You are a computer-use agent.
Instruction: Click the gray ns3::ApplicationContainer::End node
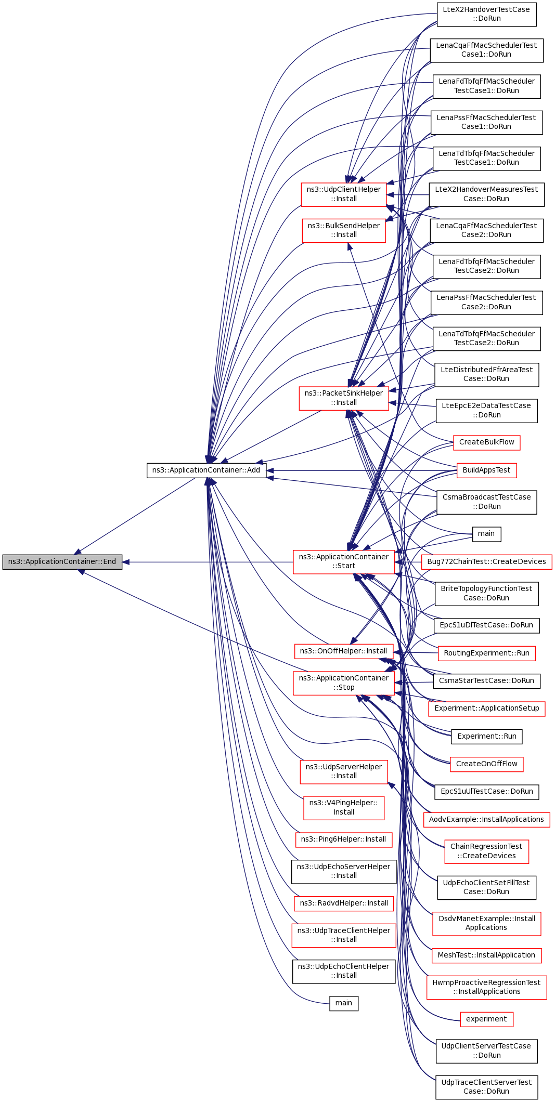[62, 562]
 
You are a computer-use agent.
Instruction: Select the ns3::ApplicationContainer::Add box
[206, 470]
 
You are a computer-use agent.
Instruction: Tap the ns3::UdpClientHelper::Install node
[343, 194]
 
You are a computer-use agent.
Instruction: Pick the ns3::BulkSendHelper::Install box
[343, 230]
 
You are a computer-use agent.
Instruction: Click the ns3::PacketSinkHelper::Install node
[343, 398]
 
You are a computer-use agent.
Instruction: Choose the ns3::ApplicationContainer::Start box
[343, 561]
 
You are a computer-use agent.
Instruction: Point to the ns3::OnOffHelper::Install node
[343, 651]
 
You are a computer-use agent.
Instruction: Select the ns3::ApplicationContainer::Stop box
[343, 683]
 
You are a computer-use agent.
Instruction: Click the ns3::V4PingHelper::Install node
[343, 808]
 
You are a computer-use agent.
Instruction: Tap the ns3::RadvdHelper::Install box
[343, 903]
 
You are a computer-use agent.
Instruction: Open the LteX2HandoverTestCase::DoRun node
[486, 14]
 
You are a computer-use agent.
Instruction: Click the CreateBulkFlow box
[486, 442]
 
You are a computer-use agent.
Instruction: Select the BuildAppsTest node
[486, 470]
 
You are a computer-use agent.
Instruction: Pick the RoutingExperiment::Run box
[486, 653]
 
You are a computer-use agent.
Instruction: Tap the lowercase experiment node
[486, 1019]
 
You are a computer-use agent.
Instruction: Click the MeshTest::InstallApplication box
[486, 955]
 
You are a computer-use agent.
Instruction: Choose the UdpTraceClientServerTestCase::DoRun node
[486, 1087]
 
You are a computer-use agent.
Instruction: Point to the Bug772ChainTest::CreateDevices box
[486, 562]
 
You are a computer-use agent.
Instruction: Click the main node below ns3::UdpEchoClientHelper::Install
[343, 1003]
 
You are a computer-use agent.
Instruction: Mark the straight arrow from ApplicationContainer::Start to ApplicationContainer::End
[208, 562]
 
